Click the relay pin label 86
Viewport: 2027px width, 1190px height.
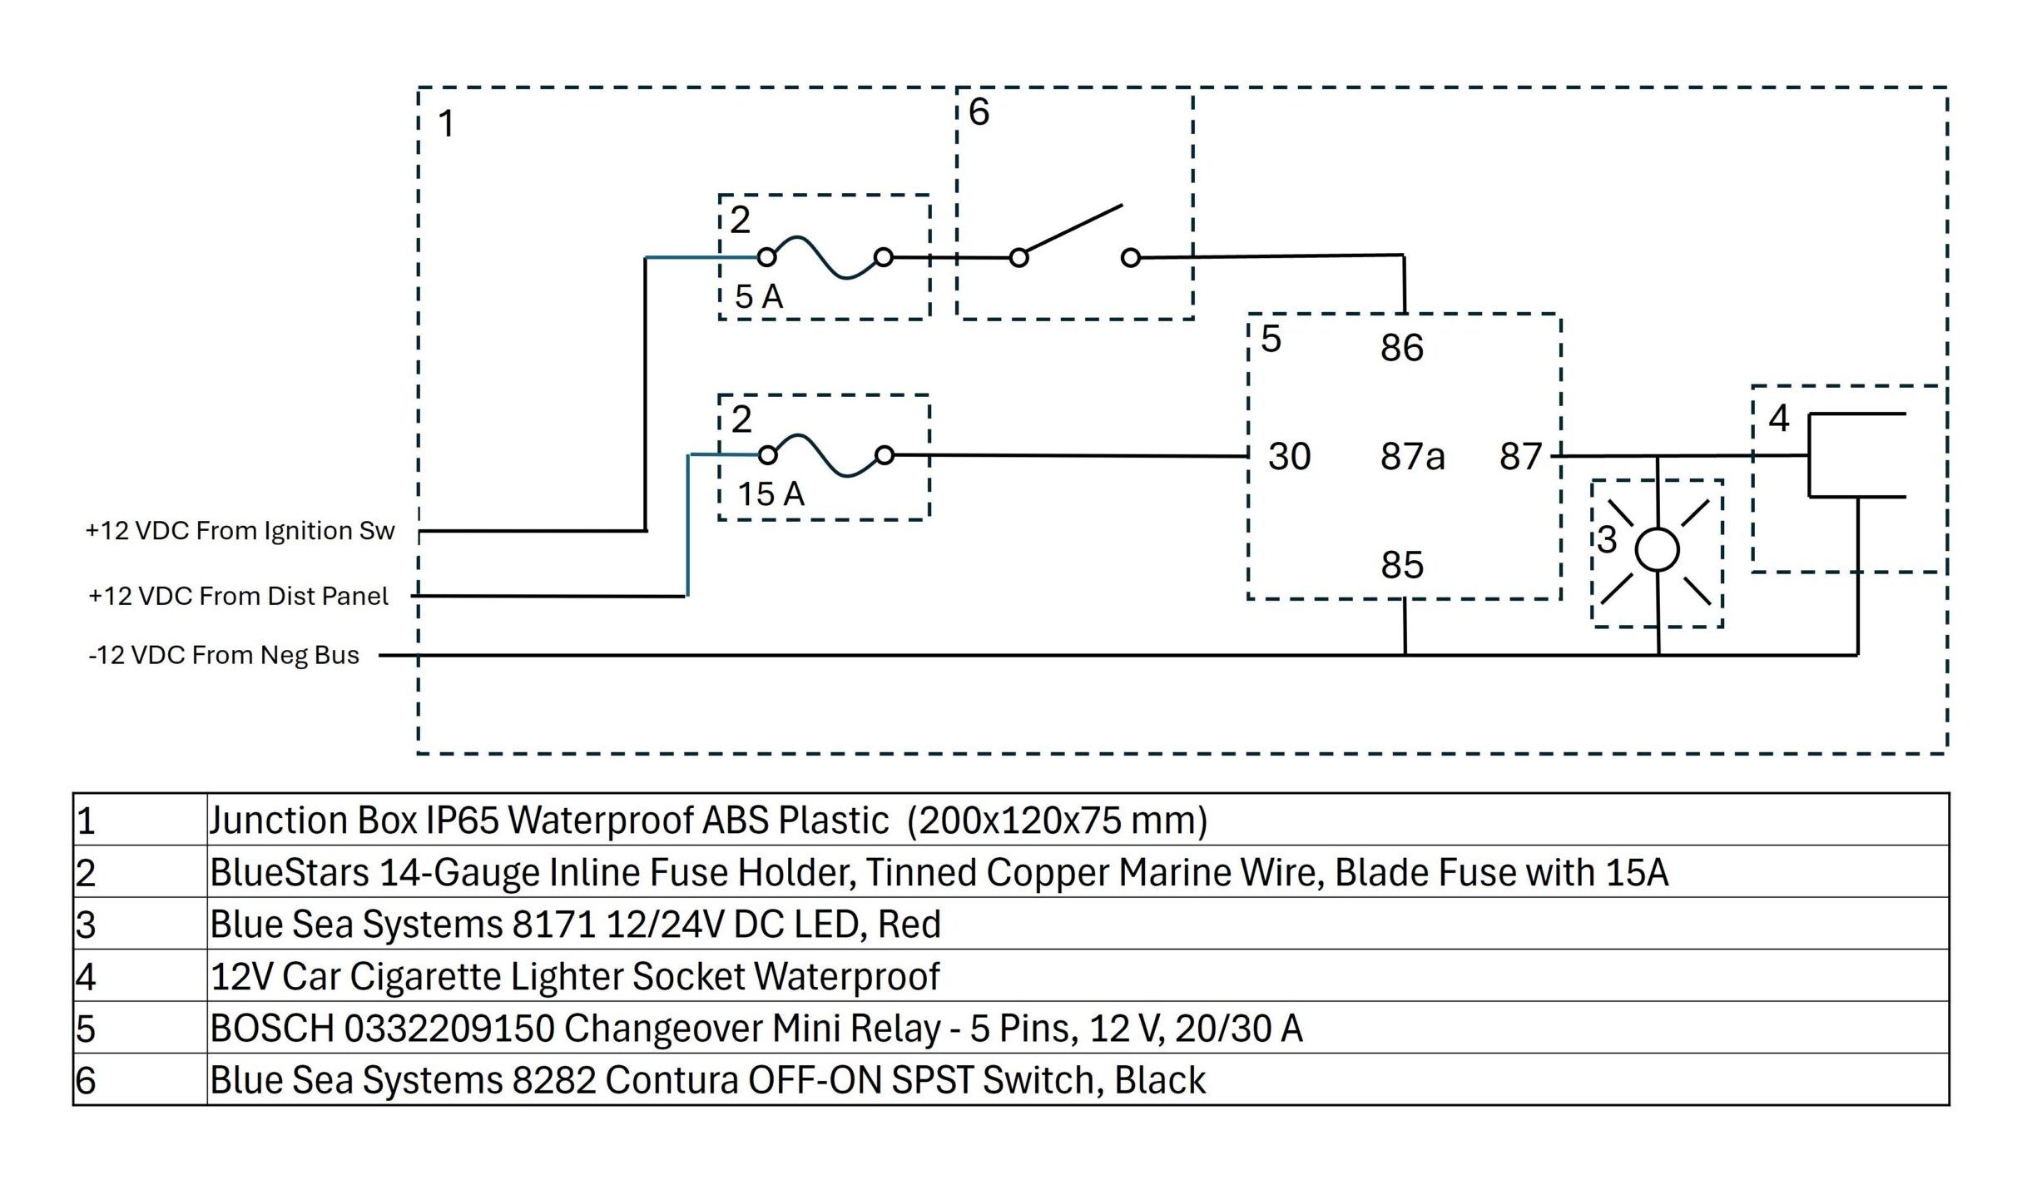(1402, 348)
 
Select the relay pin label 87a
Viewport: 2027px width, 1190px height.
(1412, 457)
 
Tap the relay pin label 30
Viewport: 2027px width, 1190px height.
(1289, 457)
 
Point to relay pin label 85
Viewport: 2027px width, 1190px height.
(1402, 566)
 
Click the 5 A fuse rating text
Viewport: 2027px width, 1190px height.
(759, 297)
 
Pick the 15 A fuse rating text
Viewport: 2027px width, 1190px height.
(771, 494)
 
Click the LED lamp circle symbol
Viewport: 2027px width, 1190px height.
(1657, 551)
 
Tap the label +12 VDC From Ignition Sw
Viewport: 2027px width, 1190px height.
(240, 531)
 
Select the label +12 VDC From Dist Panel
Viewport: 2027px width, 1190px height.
(238, 596)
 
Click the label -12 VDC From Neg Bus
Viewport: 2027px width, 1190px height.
(224, 656)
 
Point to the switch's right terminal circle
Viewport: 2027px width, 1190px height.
(1130, 258)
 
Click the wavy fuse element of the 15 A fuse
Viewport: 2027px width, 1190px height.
(826, 455)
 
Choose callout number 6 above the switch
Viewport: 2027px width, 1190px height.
(979, 112)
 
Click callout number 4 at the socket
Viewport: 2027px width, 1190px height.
(1778, 419)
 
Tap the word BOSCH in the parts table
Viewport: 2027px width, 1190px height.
(272, 1029)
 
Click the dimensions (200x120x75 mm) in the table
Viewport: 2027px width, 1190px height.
(1057, 821)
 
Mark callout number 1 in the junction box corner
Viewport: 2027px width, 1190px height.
(447, 124)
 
